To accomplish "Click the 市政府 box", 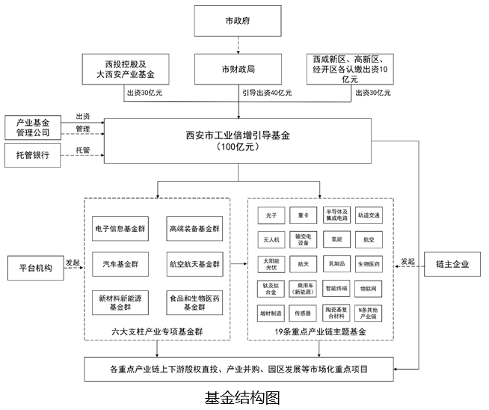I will [237, 19].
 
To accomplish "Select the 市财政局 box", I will [237, 69].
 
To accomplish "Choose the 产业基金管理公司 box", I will [32, 127].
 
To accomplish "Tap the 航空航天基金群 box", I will [194, 264].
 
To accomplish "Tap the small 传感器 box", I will [303, 313].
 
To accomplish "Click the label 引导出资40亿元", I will [266, 94].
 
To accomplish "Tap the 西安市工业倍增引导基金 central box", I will [237, 141].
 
